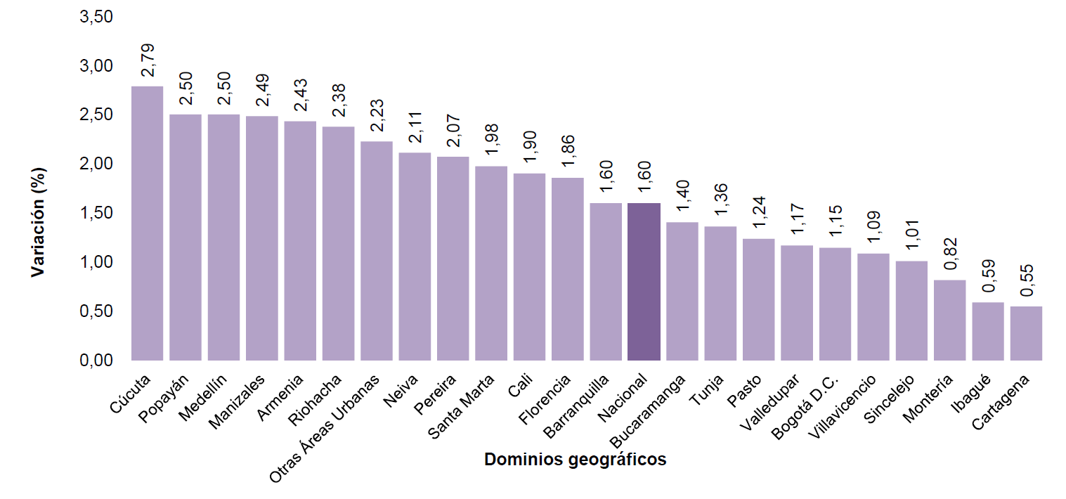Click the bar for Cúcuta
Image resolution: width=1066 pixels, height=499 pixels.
point(148,223)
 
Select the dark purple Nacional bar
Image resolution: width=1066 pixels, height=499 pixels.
point(644,282)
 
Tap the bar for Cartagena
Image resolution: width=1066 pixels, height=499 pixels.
point(1026,333)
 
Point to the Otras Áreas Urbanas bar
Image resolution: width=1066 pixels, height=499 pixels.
point(377,251)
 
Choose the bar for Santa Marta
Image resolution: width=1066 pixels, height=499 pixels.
point(491,264)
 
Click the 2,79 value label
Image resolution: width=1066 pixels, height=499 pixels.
point(148,60)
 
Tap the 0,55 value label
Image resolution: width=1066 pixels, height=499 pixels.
point(1027,280)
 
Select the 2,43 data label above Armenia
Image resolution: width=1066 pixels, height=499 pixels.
point(301,96)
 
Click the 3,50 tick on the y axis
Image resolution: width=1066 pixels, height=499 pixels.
point(96,17)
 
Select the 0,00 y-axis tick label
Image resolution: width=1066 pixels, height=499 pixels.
point(96,361)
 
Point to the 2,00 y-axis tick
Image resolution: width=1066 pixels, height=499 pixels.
point(96,164)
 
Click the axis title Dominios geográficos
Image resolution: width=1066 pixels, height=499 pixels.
point(575,460)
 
